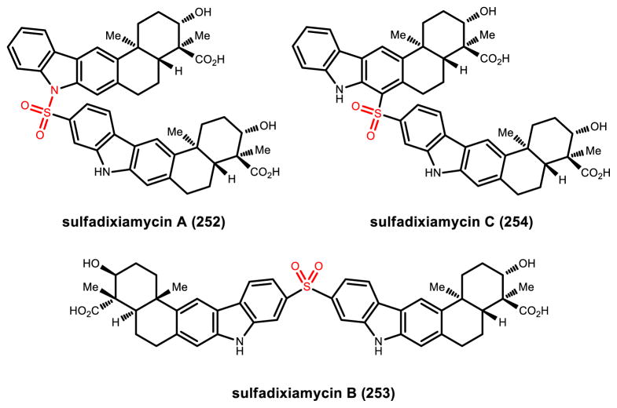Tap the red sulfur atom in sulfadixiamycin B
coord(307,289)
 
